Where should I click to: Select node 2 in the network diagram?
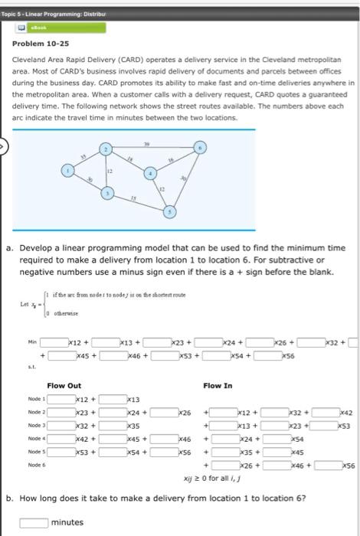pyautogui.click(x=108, y=148)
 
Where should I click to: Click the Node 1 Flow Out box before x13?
pyautogui.click(x=111, y=399)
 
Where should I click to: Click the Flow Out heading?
pyautogui.click(x=64, y=385)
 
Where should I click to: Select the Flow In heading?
pyautogui.click(x=218, y=385)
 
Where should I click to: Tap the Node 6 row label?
pyautogui.click(x=27, y=465)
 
